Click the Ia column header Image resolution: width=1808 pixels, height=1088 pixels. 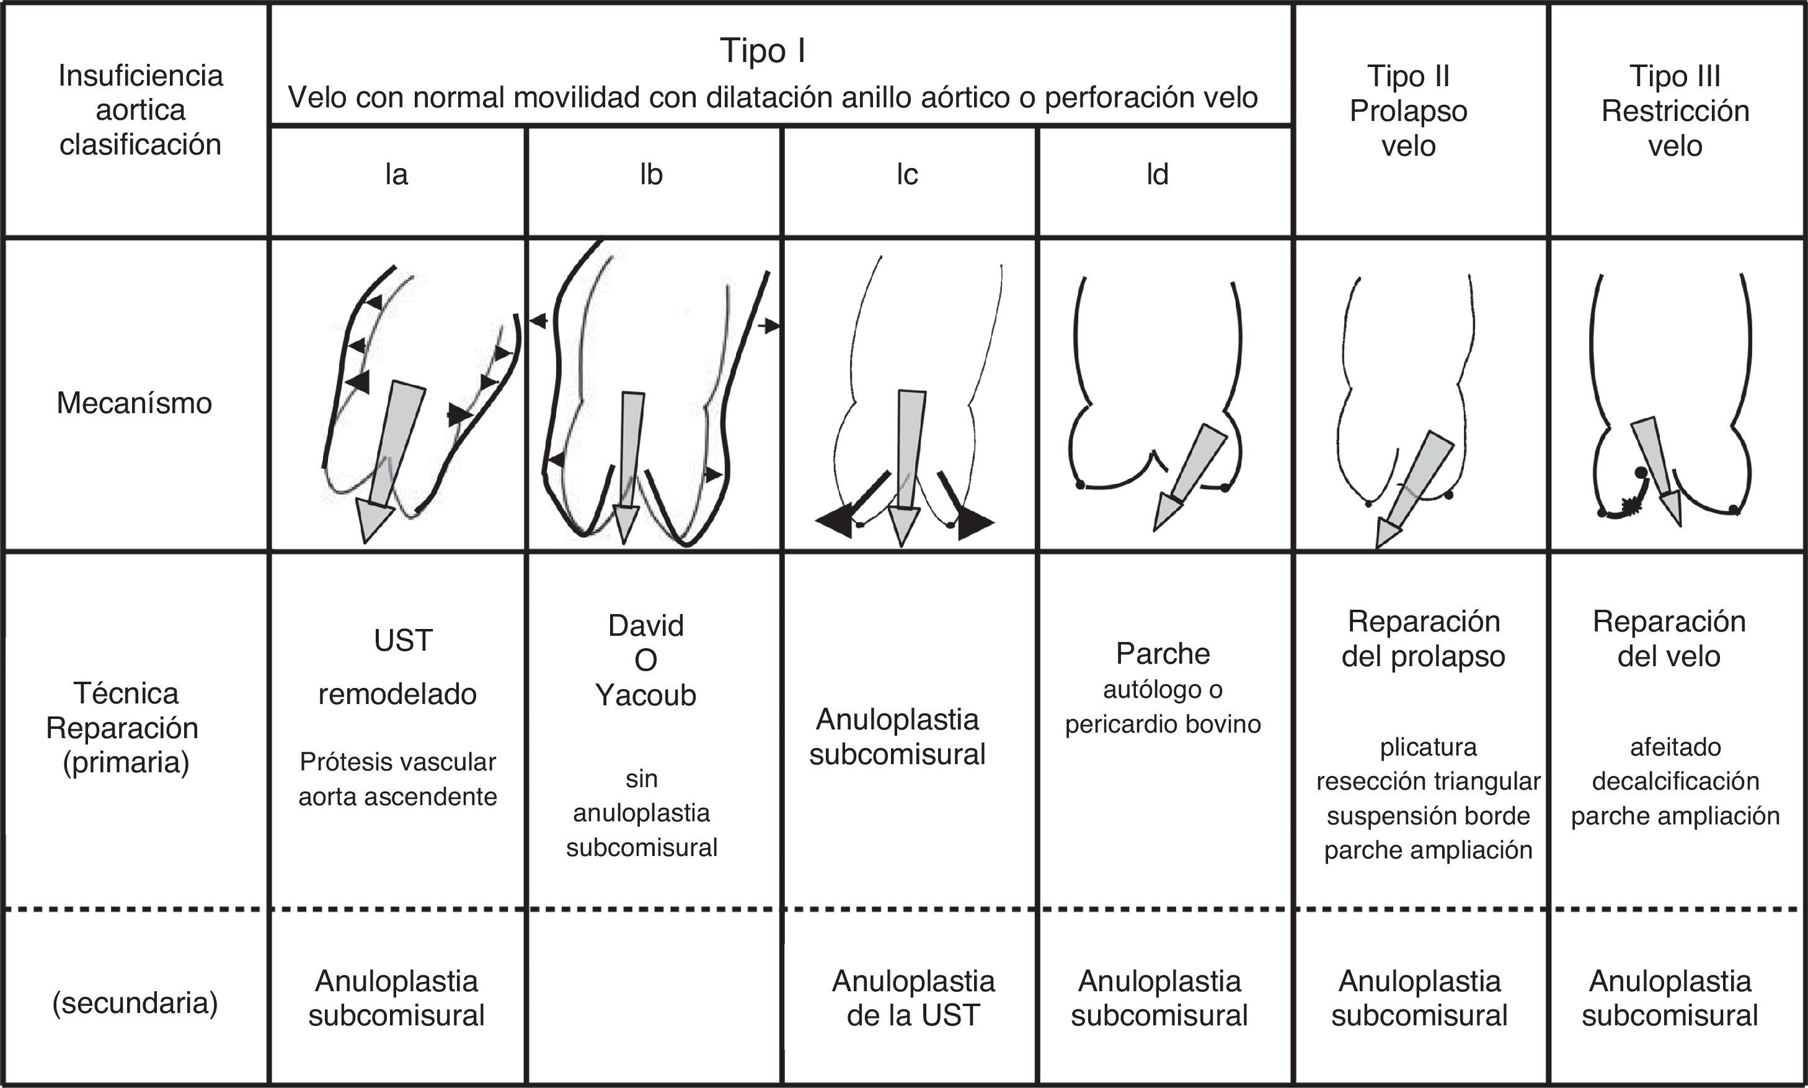click(x=396, y=175)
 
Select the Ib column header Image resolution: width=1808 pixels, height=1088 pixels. click(x=651, y=175)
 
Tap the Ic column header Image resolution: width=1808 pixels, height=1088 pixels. click(x=906, y=175)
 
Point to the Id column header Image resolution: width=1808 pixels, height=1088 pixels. click(x=1157, y=175)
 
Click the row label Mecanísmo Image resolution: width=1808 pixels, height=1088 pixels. click(x=134, y=403)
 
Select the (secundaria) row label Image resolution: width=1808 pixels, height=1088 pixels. click(x=135, y=1002)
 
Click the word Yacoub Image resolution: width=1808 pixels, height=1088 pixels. click(x=645, y=695)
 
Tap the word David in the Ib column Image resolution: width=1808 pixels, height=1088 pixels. click(x=645, y=625)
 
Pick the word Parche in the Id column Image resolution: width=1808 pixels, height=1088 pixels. click(x=1163, y=653)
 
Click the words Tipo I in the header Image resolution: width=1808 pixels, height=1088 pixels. click(x=762, y=51)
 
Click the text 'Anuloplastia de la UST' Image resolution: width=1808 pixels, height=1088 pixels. click(x=913, y=998)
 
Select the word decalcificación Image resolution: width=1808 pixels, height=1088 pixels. click(x=1675, y=781)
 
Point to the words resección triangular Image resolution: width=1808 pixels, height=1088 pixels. click(x=1428, y=782)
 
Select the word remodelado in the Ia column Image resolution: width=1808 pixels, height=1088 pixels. click(x=397, y=693)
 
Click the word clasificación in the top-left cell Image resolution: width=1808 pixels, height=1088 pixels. click(x=140, y=145)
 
